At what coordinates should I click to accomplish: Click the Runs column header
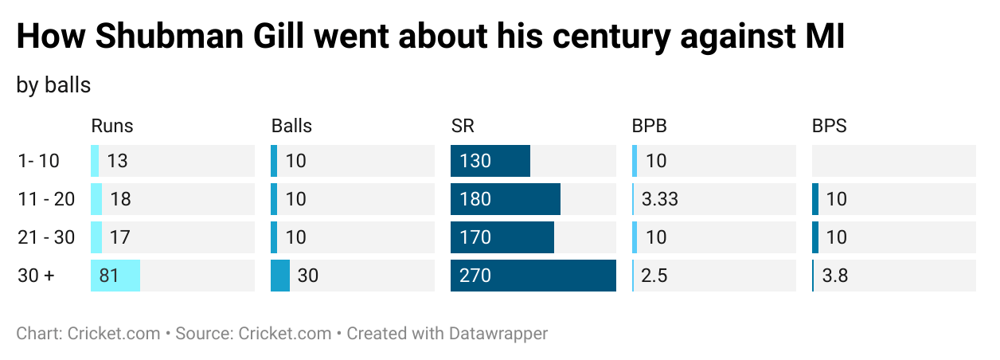coord(112,126)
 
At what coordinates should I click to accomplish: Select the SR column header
coord(463,126)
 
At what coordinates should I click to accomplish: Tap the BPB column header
coord(649,126)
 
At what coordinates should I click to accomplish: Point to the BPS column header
coord(829,126)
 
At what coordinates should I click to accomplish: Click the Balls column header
coord(291,126)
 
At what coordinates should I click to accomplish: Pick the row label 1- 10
coord(38,161)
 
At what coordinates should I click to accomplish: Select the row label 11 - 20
coord(46,199)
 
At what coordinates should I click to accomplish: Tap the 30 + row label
coord(37,276)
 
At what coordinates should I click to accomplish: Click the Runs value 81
coord(110,276)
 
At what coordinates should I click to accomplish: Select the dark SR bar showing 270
coord(533,276)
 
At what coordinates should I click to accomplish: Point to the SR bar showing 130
coord(490,161)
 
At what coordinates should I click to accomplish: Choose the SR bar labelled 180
coord(505,199)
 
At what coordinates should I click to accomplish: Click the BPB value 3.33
coord(660,199)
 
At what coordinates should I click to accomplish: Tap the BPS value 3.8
coord(834,276)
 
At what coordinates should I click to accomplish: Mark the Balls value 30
coord(307,276)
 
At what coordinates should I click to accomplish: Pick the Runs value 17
coord(120,237)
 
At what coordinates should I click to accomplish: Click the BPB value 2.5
coord(654,276)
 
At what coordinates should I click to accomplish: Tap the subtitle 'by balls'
coord(53,85)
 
